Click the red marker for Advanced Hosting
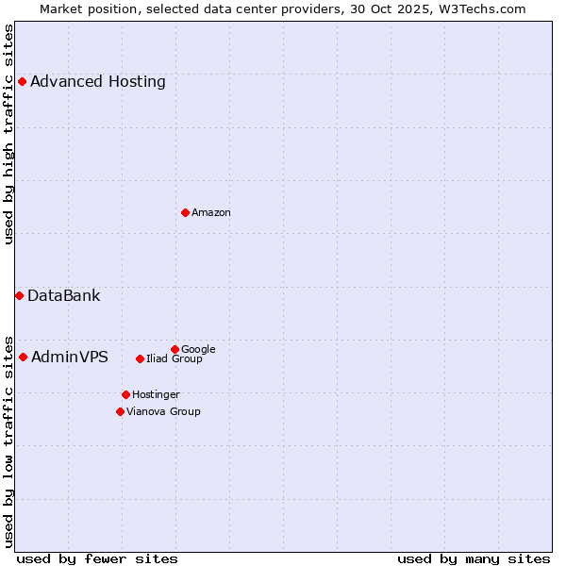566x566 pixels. point(22,81)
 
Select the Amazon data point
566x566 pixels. point(185,212)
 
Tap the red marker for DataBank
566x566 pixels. point(19,295)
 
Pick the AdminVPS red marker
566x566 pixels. point(23,357)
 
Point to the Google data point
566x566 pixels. point(175,349)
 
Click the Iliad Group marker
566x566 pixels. point(140,358)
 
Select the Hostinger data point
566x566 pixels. point(125,394)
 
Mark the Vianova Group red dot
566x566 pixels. point(120,411)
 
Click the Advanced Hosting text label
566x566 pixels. point(98,81)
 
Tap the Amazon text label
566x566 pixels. point(211,212)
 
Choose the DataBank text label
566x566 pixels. point(64,295)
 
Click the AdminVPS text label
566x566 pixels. point(70,357)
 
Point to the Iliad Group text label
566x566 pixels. point(175,359)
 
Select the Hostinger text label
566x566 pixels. point(156,394)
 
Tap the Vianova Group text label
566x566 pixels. point(163,411)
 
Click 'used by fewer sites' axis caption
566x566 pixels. point(97,558)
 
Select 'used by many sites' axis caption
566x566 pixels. point(474,558)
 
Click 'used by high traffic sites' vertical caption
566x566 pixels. point(8,134)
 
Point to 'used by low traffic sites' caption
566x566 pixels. point(8,441)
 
